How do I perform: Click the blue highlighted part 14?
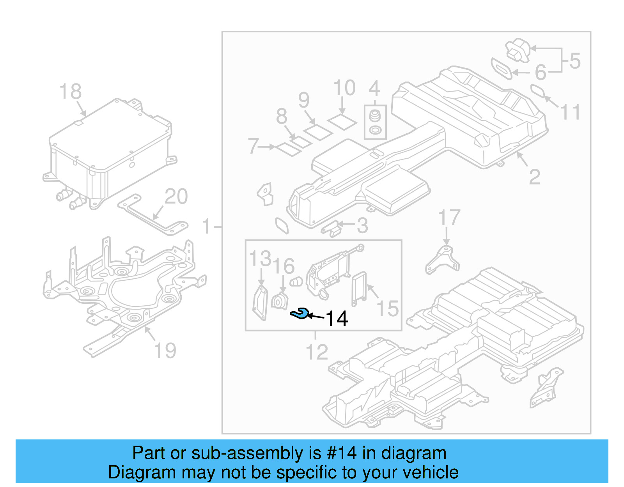coord(300,313)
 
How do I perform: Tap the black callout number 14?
coord(336,319)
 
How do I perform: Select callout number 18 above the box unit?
coord(70,92)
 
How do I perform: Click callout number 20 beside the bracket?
coord(176,197)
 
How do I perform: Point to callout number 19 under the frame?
coord(165,351)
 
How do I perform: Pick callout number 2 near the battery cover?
coord(534,177)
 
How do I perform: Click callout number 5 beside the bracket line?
coord(575,61)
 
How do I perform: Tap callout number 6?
coord(541,72)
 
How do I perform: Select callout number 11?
coord(570,112)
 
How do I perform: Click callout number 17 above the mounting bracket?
coord(449,218)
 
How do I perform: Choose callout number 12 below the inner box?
coord(317,352)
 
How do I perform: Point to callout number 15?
coord(387,308)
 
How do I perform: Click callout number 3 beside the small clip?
coord(362,226)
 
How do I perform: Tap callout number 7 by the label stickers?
coord(253,146)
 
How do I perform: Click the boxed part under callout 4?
coord(375,122)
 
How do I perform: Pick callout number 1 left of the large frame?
coord(207,227)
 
